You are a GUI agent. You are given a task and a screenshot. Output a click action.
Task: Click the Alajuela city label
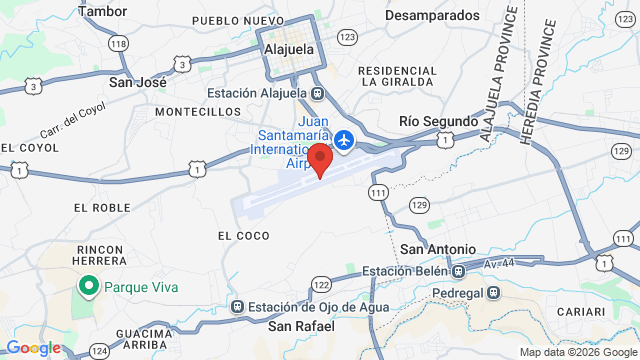pos(290,48)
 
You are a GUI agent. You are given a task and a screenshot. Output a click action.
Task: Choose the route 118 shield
pos(119,43)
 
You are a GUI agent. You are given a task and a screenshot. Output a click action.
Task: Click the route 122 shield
pos(320,285)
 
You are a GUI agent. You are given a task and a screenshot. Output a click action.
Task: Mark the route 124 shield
pos(99,351)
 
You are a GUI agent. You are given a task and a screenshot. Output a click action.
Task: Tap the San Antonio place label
pos(438,249)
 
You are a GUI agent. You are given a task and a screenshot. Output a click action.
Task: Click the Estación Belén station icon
pos(458,270)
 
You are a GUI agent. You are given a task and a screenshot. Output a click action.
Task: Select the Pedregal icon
pos(493,292)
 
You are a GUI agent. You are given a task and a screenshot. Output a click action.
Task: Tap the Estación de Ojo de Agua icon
pos(237,307)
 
